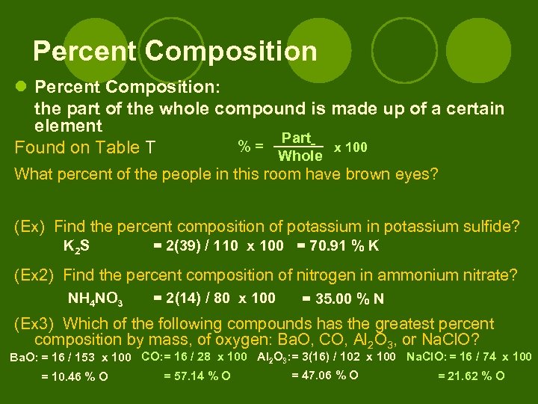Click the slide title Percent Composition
click(175, 51)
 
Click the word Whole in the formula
click(300, 156)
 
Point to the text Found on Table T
click(85, 147)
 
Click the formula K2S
click(77, 245)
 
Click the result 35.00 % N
click(343, 299)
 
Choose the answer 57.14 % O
click(197, 375)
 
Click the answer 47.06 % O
click(324, 375)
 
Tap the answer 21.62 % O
click(471, 376)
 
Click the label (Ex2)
click(34, 275)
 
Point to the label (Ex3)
click(34, 324)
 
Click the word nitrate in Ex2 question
click(486, 275)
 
